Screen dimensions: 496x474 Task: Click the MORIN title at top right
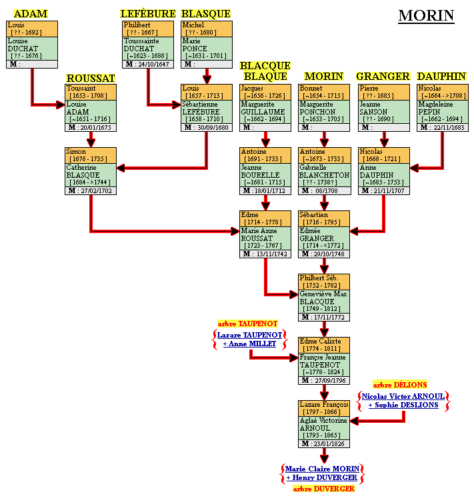tap(426, 16)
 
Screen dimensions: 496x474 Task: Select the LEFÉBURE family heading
tap(148, 14)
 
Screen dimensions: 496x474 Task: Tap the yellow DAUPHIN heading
tap(441, 77)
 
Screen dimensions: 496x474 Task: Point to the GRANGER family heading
tap(383, 77)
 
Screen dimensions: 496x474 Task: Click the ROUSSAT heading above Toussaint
tap(91, 78)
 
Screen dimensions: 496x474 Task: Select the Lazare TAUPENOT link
tap(249, 335)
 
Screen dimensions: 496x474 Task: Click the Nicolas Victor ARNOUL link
tap(403, 396)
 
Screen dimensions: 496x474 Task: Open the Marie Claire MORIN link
tap(323, 469)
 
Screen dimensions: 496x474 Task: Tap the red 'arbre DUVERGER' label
tap(323, 489)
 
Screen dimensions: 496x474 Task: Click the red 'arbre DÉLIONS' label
tap(400, 385)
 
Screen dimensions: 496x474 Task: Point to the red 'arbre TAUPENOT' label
tap(247, 324)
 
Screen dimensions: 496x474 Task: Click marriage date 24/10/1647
tap(153, 65)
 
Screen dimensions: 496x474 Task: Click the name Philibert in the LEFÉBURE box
tap(137, 25)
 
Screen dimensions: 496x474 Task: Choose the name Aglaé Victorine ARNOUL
tap(324, 424)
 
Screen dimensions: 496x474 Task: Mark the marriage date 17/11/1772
tap(329, 318)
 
